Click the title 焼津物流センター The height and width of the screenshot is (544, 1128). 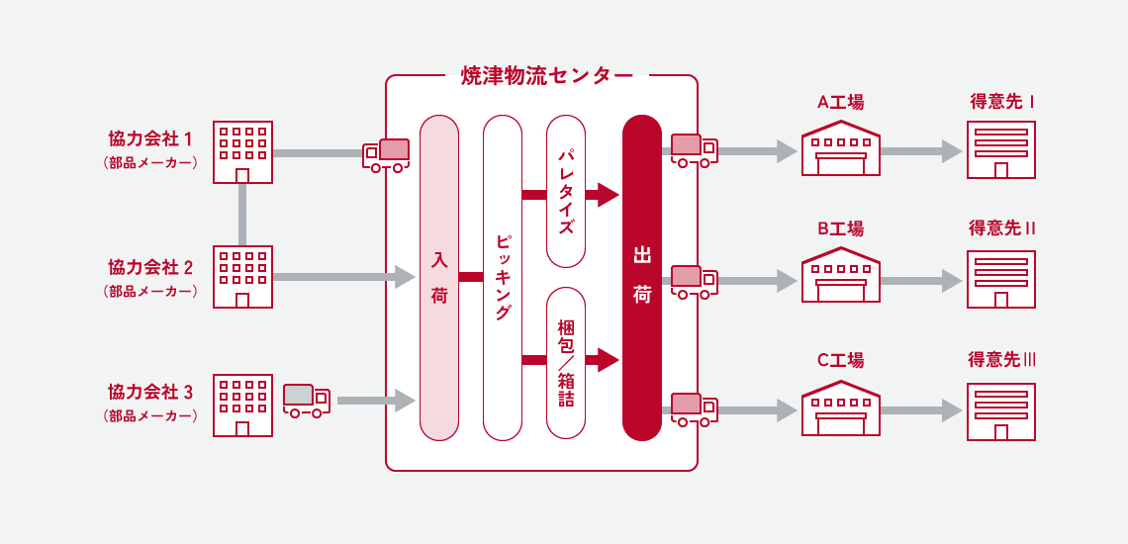(x=546, y=76)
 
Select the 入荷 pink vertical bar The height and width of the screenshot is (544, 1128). (x=439, y=278)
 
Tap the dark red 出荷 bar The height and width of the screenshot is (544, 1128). (x=641, y=278)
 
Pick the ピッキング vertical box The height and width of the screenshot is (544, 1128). (x=503, y=278)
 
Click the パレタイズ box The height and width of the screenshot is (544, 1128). (x=566, y=192)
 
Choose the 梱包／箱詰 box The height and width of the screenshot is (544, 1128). (x=566, y=362)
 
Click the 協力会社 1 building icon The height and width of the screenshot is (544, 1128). (x=242, y=151)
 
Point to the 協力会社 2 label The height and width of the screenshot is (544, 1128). (x=150, y=267)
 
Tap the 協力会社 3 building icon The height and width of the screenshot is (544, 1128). (x=242, y=405)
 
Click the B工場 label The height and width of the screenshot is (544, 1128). (x=840, y=228)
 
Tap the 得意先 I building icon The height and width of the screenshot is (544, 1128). (x=1001, y=149)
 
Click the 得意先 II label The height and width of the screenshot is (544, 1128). (x=1001, y=228)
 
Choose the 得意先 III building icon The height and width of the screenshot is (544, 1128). (x=1001, y=408)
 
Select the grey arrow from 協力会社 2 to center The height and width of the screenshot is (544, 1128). (x=342, y=278)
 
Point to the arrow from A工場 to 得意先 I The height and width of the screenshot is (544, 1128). (x=920, y=151)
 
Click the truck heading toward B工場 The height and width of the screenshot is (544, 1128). (x=694, y=281)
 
